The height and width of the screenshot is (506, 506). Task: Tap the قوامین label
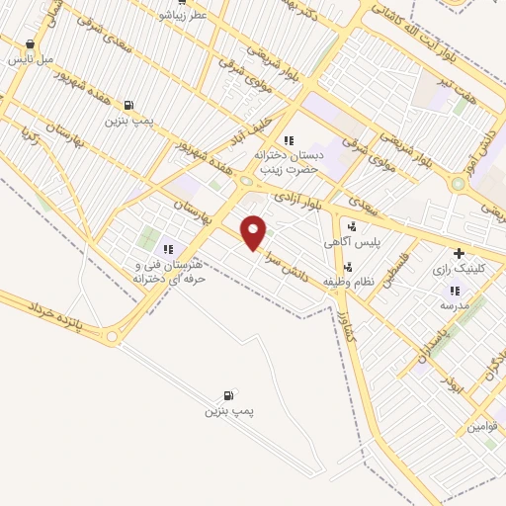484,427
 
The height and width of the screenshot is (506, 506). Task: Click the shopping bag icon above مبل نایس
31,44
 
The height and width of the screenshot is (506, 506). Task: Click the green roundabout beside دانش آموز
458,183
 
